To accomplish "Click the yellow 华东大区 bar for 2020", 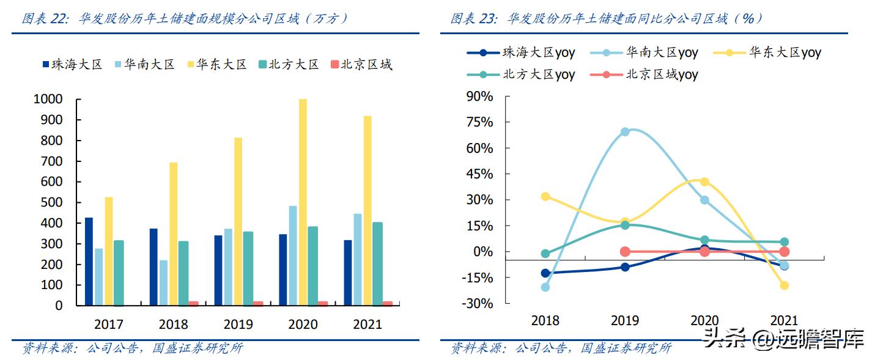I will [303, 202].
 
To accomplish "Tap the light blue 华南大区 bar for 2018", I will [163, 282].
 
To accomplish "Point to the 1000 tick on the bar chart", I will [48, 99].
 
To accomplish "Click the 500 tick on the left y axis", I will [51, 202].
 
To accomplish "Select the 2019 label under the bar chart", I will [238, 324].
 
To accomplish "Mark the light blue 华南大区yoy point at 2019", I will [625, 132].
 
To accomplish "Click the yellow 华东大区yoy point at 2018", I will [545, 197].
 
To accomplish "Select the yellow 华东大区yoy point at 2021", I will [784, 285].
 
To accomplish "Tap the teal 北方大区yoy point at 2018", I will [545, 254].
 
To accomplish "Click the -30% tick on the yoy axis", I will [479, 304].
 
